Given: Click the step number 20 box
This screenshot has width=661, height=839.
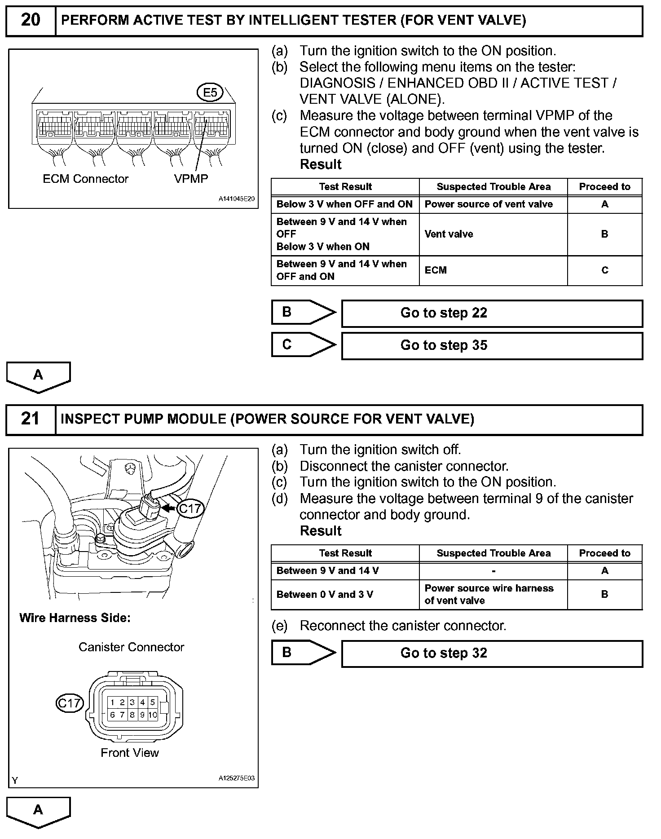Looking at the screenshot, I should pyautogui.click(x=31, y=21).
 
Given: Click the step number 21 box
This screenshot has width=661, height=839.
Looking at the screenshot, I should pyautogui.click(x=31, y=419).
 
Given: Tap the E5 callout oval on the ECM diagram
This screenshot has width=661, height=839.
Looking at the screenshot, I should pyautogui.click(x=210, y=93).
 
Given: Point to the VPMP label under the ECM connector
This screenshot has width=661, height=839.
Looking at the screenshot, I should pyautogui.click(x=191, y=179).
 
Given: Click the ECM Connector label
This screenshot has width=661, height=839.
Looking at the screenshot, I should pyautogui.click(x=85, y=179).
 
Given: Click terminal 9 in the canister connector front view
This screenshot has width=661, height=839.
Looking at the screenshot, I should pyautogui.click(x=142, y=715).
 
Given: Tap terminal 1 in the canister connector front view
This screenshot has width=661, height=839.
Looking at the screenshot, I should pyautogui.click(x=112, y=702).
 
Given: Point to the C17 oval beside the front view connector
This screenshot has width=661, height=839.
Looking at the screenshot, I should pyautogui.click(x=70, y=703).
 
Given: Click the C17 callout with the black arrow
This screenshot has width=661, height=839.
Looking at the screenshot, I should pyautogui.click(x=190, y=508).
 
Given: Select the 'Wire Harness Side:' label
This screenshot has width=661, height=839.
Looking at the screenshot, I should pyautogui.click(x=75, y=618).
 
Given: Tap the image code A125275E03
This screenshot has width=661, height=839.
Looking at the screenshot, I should pyautogui.click(x=237, y=778).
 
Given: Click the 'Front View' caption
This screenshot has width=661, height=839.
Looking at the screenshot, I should pyautogui.click(x=130, y=753).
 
